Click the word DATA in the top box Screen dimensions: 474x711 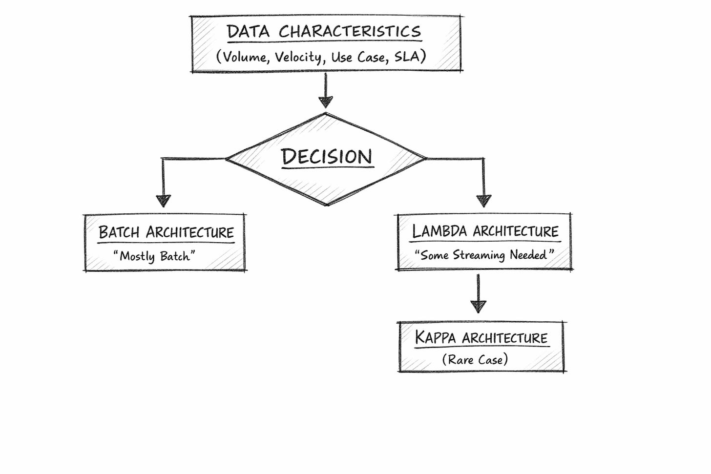coord(248,32)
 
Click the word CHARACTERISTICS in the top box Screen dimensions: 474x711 coord(350,32)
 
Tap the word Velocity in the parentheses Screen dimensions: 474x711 coord(298,57)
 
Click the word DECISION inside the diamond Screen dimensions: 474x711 coord(327,157)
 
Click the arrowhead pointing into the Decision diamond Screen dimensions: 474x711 coord(326,102)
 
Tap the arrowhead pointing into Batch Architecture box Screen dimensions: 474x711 coord(163,201)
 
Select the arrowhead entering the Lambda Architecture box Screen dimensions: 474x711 coord(483,201)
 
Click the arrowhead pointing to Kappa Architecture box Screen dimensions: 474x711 coord(478,307)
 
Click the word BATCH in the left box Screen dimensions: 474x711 coord(119,232)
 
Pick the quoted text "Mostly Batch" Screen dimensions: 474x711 coord(154,256)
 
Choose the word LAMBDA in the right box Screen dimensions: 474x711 coord(439,231)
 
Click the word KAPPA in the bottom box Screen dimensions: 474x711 coord(435,338)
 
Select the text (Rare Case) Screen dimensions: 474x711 coord(475,360)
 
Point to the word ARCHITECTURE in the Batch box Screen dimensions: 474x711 coord(190,232)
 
